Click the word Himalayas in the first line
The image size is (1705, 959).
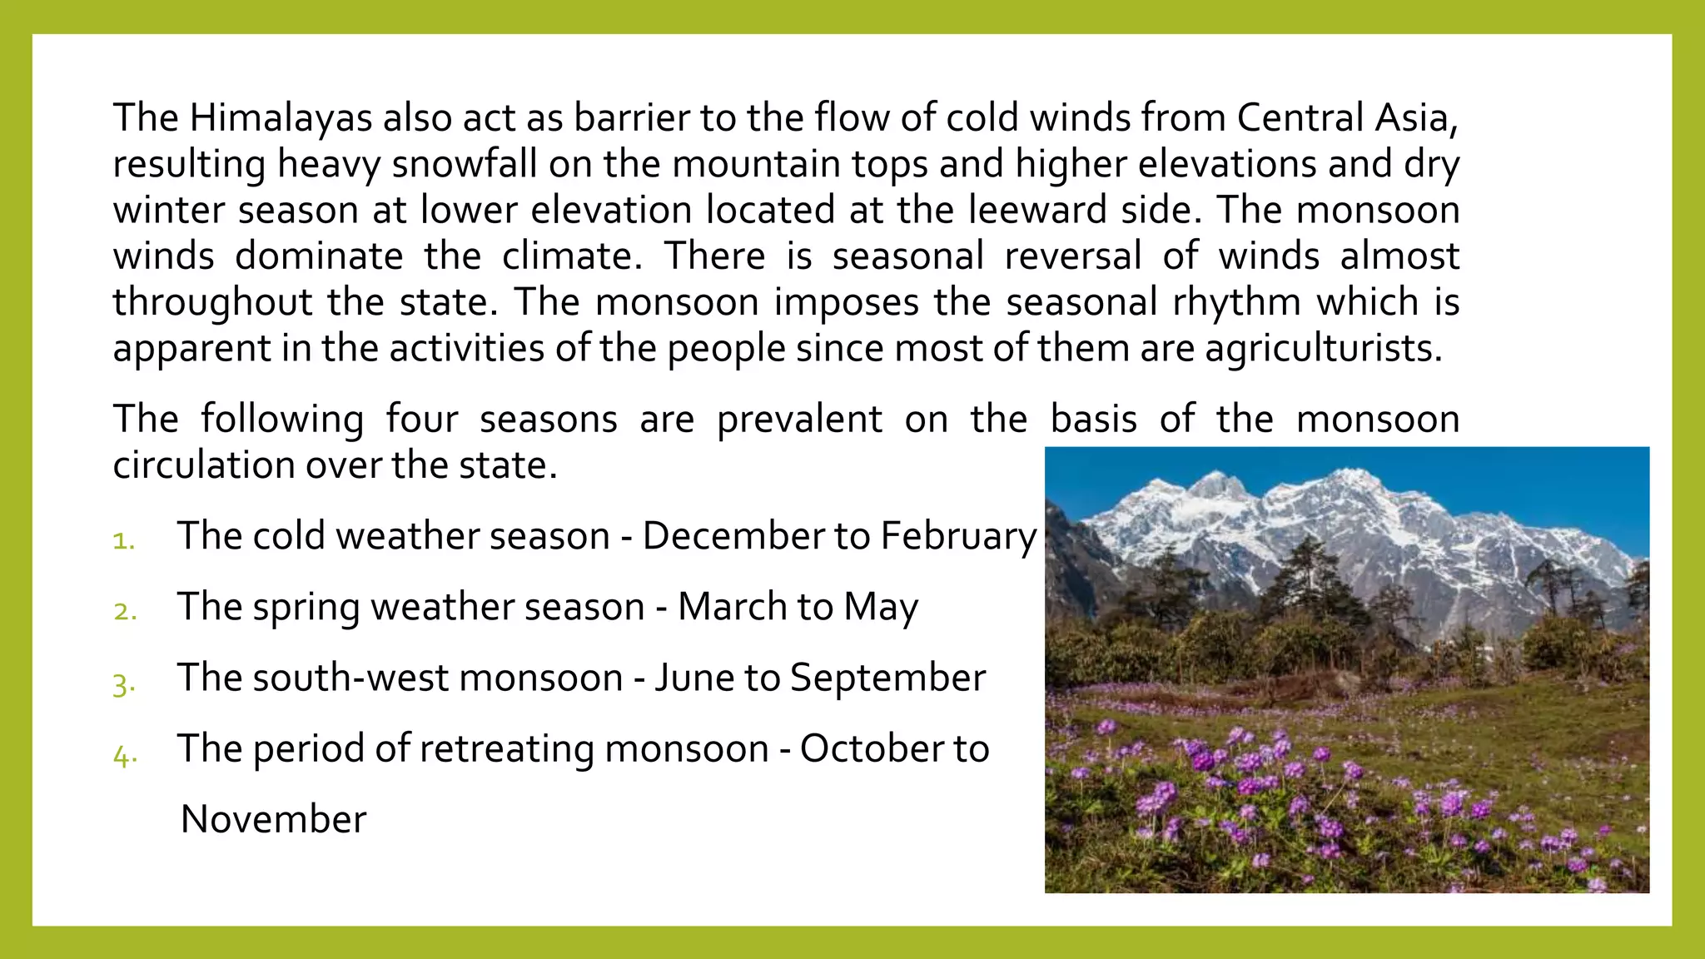pos(281,118)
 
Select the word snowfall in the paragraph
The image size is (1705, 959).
pos(465,164)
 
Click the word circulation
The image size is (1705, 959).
pos(203,465)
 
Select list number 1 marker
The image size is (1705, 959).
pos(124,541)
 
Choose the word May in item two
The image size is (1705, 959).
pos(881,607)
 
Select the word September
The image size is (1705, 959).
pos(887,678)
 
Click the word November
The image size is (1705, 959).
pos(273,819)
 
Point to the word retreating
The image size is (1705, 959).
pos(506,748)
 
